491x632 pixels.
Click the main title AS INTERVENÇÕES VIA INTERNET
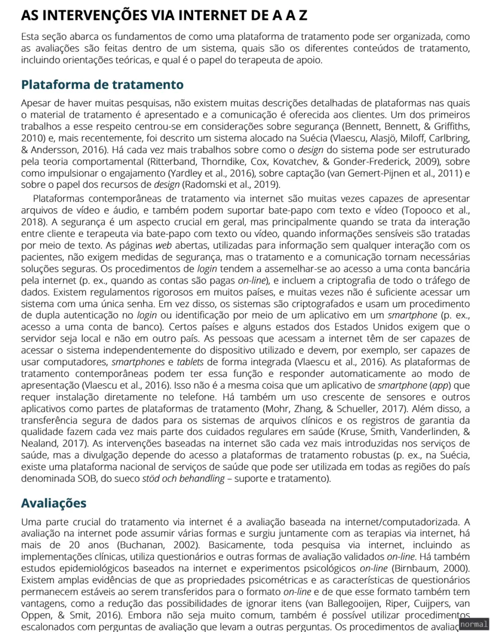coord(164,15)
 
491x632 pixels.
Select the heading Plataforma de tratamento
coord(102,85)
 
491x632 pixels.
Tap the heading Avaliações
coord(54,503)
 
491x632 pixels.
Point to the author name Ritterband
coord(169,161)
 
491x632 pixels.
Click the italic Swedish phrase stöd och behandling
coord(186,478)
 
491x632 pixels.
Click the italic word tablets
coord(164,361)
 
